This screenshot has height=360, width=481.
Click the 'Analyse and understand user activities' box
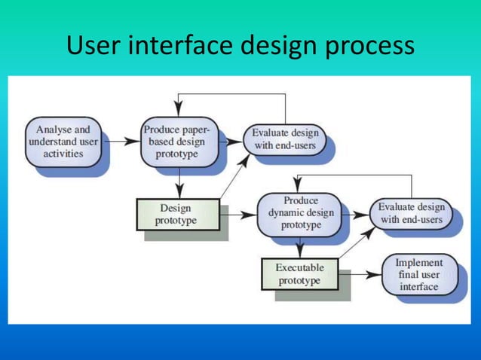(x=63, y=142)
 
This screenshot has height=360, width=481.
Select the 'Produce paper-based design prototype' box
(x=179, y=142)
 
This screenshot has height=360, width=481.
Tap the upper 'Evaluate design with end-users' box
(x=285, y=139)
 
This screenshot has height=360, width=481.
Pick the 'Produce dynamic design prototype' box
(x=299, y=213)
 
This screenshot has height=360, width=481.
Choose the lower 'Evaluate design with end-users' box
(x=411, y=213)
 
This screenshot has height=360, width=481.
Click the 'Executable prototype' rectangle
(x=299, y=274)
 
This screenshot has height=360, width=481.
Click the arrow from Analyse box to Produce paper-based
(x=120, y=141)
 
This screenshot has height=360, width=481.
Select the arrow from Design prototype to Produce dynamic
(x=239, y=215)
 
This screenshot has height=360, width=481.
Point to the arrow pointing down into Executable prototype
(x=299, y=248)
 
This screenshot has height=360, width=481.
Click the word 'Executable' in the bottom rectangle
(x=299, y=267)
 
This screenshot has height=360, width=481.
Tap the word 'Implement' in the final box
(x=419, y=262)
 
